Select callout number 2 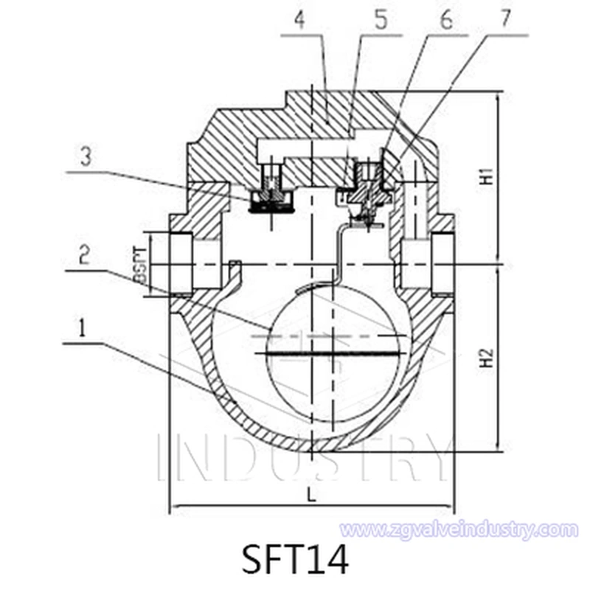click(x=85, y=255)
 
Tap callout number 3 click(x=86, y=156)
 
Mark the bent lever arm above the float click(x=338, y=251)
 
